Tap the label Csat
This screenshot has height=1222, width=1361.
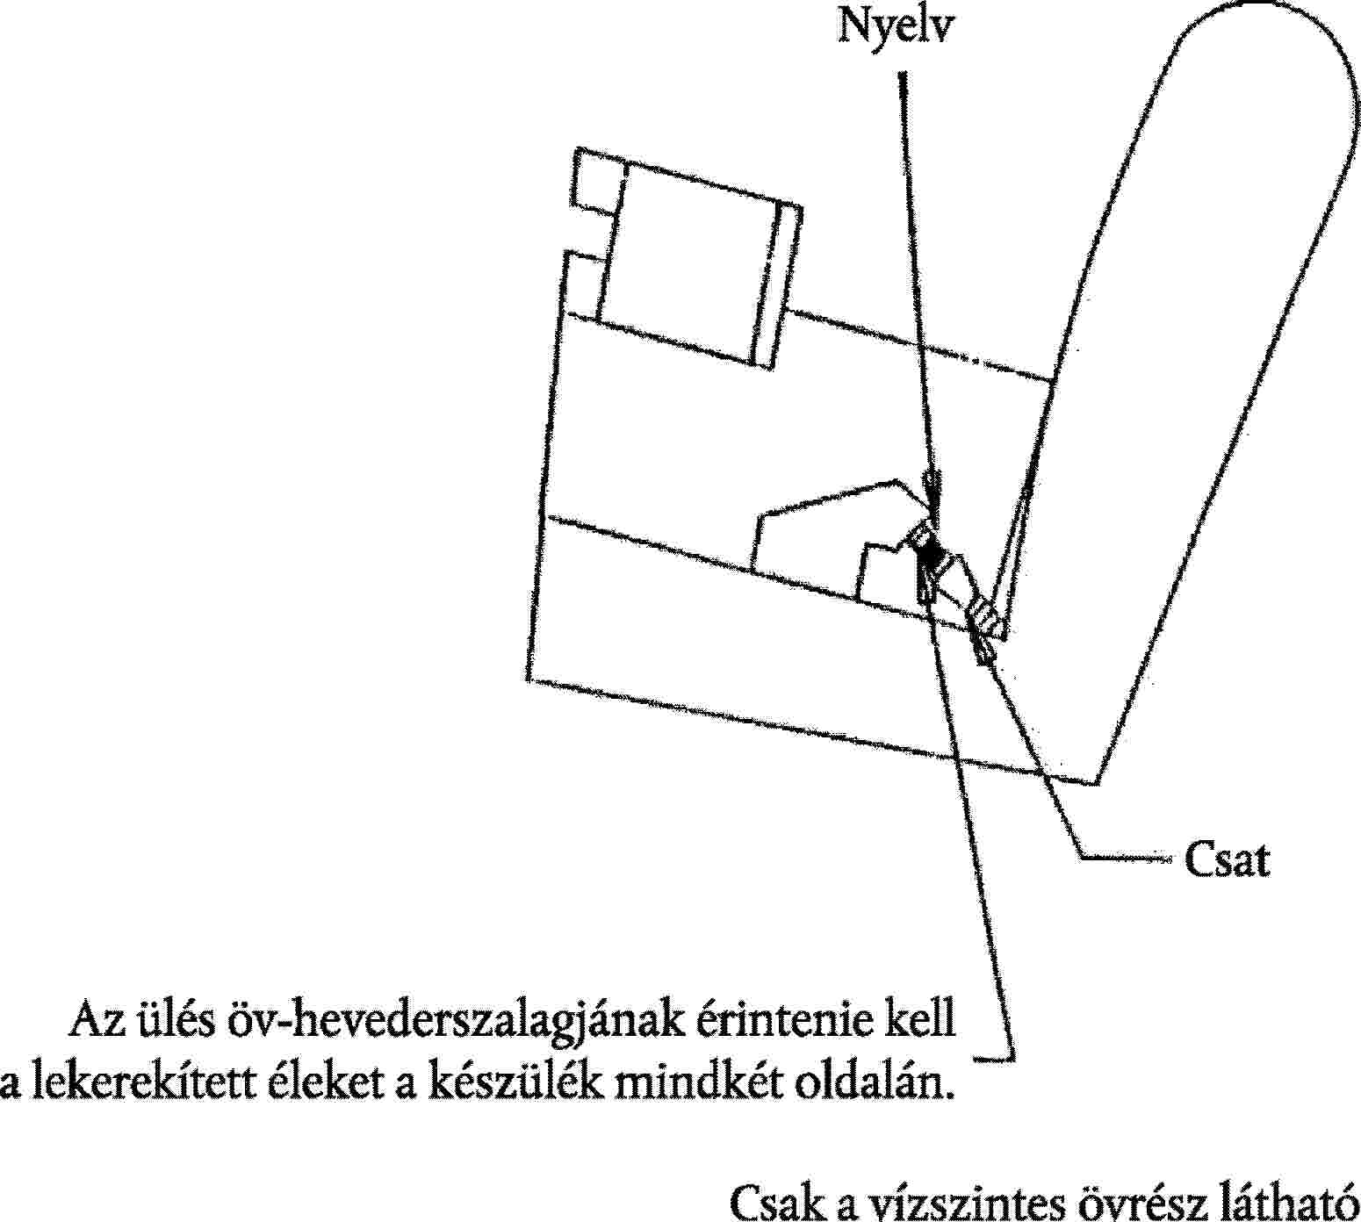1227,860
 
